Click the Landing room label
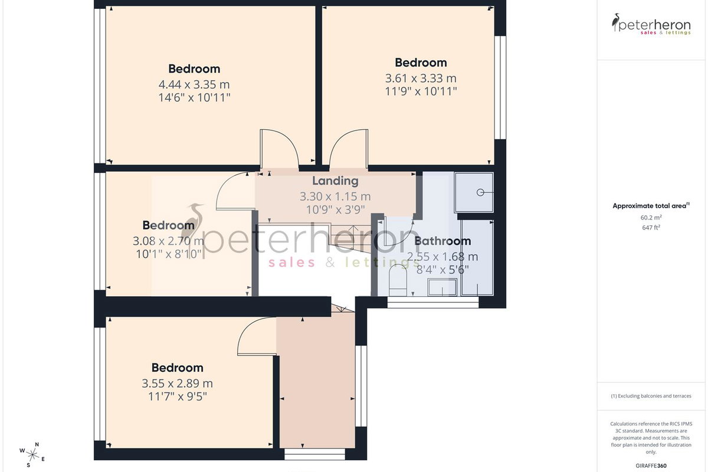point(335,181)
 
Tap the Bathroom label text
point(442,241)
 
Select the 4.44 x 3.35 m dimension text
point(194,84)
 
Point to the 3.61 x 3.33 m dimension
point(421,78)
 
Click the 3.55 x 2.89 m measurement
point(177,383)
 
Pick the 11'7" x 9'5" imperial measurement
point(178,396)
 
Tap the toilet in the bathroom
point(398,280)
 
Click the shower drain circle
point(480,192)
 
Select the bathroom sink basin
point(442,287)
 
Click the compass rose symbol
point(32,455)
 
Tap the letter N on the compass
point(37,444)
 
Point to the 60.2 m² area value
point(651,218)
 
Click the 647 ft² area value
point(651,227)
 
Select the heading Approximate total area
point(650,206)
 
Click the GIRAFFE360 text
point(651,466)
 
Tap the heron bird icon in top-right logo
point(616,22)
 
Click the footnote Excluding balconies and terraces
point(651,396)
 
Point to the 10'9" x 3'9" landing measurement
point(335,209)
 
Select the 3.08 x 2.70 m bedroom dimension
point(169,241)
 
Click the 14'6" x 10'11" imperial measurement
point(194,97)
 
